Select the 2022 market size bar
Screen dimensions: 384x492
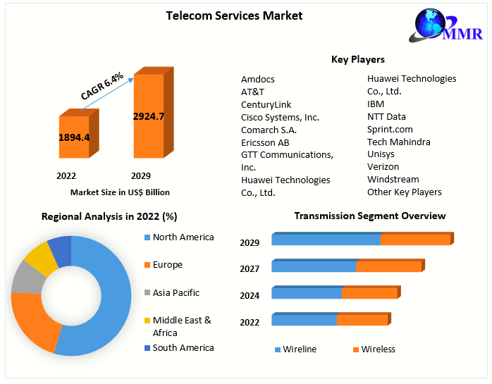(x=74, y=137)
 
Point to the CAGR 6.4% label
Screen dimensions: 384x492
(x=102, y=85)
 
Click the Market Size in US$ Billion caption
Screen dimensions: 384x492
(x=120, y=192)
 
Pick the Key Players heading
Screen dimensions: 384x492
(x=358, y=59)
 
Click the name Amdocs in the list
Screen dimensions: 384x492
(x=258, y=79)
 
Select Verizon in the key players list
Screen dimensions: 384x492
(x=383, y=166)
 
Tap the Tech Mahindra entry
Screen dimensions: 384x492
(x=399, y=142)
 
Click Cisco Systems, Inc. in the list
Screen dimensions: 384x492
(x=280, y=117)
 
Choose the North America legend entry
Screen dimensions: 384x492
(x=183, y=237)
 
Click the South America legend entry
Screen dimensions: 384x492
(x=183, y=347)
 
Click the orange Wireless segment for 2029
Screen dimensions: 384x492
(x=415, y=240)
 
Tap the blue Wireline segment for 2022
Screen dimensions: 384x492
(x=304, y=320)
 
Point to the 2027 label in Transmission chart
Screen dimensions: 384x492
(x=250, y=268)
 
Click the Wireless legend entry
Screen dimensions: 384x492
(x=378, y=349)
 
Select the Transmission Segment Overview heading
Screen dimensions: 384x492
(x=369, y=216)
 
